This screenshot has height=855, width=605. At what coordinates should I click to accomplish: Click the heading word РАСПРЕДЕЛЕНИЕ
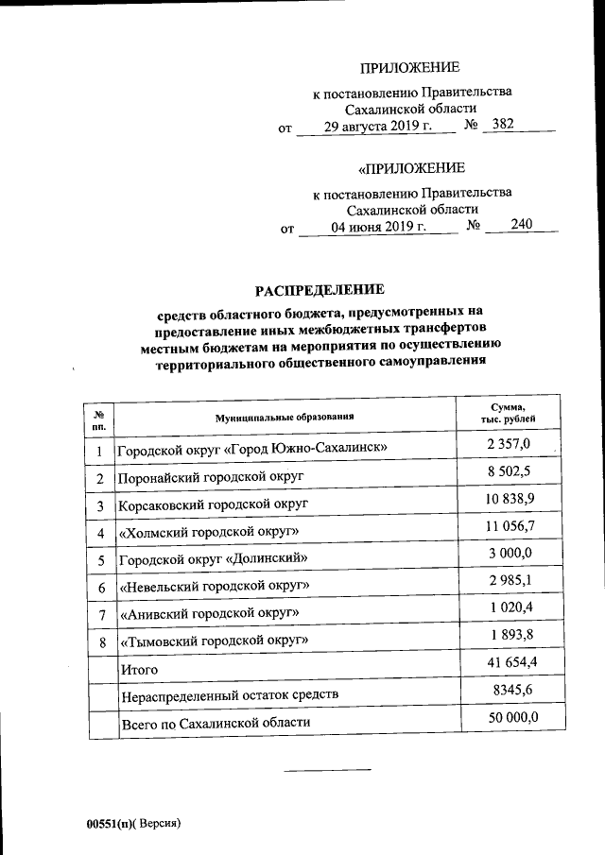(319, 289)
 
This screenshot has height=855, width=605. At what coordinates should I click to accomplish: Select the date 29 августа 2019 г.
(376, 127)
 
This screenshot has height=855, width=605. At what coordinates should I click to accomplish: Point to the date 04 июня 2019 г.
(378, 227)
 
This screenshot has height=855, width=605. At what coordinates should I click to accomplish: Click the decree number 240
(521, 226)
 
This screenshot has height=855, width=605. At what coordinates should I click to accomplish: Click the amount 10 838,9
(509, 498)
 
